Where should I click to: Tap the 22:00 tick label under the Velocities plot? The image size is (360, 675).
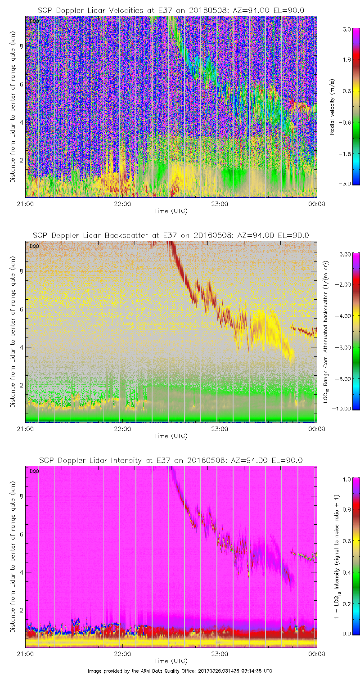pos(122,204)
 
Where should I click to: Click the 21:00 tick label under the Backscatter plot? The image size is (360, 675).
pos(26,429)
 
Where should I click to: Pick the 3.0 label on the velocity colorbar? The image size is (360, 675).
pos(346,29)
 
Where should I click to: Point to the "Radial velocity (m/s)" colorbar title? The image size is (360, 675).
pos(333,106)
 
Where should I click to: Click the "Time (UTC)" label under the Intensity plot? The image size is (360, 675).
pos(171,661)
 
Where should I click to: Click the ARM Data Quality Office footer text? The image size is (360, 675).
pos(180,670)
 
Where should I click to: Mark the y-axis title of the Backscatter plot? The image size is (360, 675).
pos(13,332)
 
